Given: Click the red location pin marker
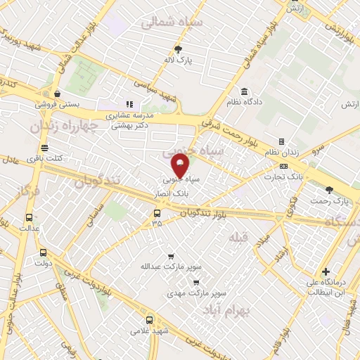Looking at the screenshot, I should coord(181,166).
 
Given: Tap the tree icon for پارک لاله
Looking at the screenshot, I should coord(178,49).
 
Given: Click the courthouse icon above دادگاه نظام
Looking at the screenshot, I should coord(243,92).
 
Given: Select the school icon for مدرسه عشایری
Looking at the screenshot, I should coord(129,105).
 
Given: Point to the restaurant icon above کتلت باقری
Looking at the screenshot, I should coord(45,148).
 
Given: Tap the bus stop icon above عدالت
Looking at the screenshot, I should coord(29,217).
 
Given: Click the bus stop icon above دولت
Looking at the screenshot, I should coord(43,253).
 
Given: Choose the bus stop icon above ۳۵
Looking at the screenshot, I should coord(157,213).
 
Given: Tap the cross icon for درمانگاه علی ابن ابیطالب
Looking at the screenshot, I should coord(326,271).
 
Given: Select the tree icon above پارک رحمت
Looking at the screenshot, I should coord(329,190).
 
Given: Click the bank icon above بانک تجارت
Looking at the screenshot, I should coord(283,166).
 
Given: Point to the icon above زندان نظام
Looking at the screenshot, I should coord(281,141).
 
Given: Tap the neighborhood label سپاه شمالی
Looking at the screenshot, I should coord(161,22).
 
